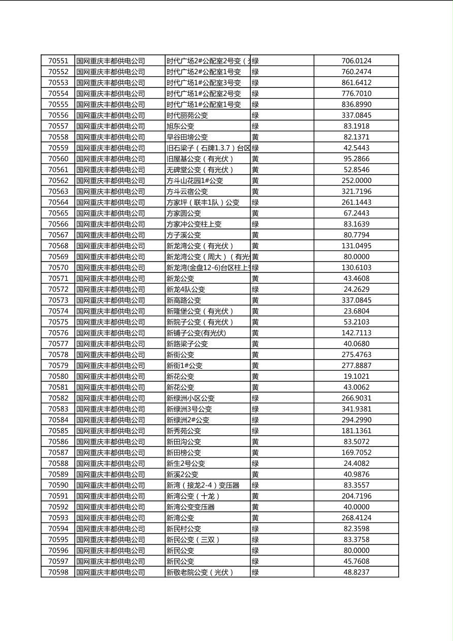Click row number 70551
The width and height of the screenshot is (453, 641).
pyautogui.click(x=58, y=61)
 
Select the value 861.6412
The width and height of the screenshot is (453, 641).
pyautogui.click(x=356, y=83)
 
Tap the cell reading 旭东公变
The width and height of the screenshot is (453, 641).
pyautogui.click(x=180, y=126)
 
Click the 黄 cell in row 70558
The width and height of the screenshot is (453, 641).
pyautogui.click(x=255, y=137)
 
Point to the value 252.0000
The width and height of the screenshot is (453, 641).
pyautogui.click(x=356, y=180)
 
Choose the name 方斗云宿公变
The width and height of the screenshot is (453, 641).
pyautogui.click(x=187, y=191)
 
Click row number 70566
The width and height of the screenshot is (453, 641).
pyautogui.click(x=58, y=224)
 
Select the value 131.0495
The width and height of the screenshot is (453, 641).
pyautogui.click(x=356, y=246)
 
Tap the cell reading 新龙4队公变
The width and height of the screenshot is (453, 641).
pyautogui.click(x=186, y=290)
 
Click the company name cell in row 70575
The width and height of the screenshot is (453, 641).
pyautogui.click(x=111, y=322)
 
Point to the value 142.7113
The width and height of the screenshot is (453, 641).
pyautogui.click(x=356, y=333)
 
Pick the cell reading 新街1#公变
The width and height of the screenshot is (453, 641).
pyautogui.click(x=184, y=366)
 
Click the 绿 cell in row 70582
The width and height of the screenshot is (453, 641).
pyautogui.click(x=255, y=398)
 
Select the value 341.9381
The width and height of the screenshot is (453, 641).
pyautogui.click(x=356, y=409)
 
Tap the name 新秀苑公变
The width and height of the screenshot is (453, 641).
pyautogui.click(x=184, y=431)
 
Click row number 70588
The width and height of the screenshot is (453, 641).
pyautogui.click(x=58, y=463)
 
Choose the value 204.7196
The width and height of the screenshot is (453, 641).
pyautogui.click(x=356, y=496)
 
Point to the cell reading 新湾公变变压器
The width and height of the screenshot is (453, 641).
pyautogui.click(x=190, y=507)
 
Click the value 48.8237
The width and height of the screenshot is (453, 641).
pyautogui.click(x=356, y=572)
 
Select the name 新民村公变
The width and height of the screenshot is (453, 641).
pyautogui.click(x=184, y=529)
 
